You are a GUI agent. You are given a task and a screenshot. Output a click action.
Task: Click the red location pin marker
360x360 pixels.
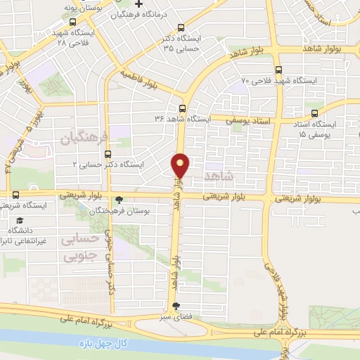pos(181,165)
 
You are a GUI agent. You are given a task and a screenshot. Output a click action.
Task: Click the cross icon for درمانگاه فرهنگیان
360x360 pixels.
pos(139,6)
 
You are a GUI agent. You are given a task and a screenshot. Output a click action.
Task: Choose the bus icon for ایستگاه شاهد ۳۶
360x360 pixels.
pos(182,108)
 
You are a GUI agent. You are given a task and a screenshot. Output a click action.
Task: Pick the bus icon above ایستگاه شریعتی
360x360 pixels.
pos(15,195)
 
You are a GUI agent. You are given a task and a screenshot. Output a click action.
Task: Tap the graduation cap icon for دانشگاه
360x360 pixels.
pos(15,217)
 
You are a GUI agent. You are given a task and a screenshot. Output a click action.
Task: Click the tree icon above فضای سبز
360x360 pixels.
pos(175,306)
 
